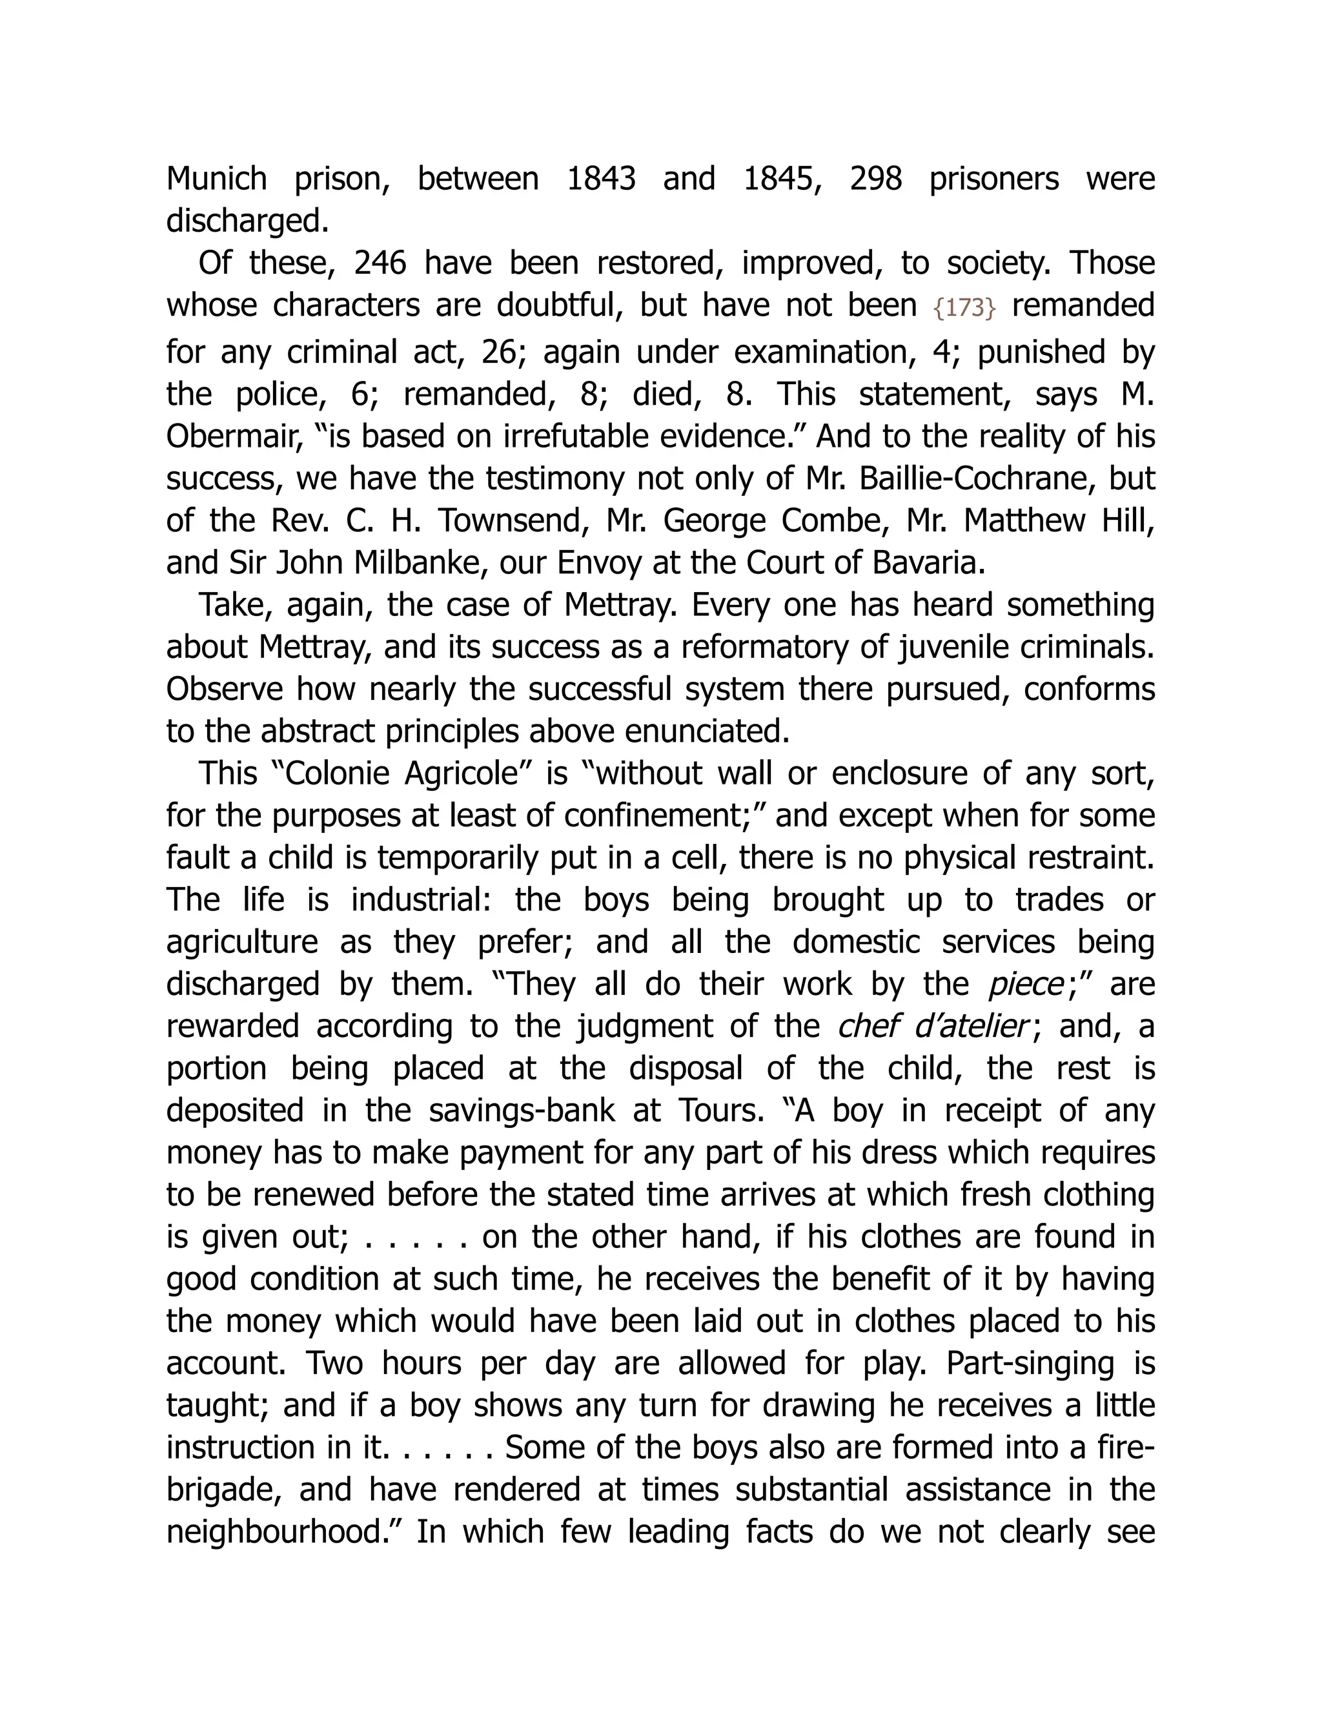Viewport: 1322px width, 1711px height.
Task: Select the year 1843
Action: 601,179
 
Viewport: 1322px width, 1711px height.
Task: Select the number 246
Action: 380,263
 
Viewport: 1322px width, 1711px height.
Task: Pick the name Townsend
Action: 511,521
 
